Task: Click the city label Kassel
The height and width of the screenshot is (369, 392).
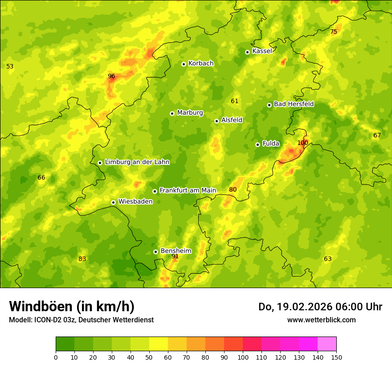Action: tap(262, 51)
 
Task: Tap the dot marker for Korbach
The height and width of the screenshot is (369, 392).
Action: tap(184, 64)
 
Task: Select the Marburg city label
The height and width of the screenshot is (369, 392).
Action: tap(190, 113)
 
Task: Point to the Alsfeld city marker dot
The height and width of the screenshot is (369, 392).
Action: tap(216, 121)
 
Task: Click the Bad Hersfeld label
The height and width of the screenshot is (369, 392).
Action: tap(294, 104)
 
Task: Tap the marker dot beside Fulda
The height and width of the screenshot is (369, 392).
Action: tap(257, 144)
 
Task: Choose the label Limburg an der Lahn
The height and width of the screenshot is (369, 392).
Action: tap(137, 162)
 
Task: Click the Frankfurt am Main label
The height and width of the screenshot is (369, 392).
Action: tap(188, 191)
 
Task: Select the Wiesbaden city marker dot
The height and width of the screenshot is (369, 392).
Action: tap(113, 202)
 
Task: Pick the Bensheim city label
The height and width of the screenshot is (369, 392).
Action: tap(176, 251)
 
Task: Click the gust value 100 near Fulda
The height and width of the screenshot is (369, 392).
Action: tap(302, 143)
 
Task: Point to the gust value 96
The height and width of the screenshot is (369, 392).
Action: tap(111, 76)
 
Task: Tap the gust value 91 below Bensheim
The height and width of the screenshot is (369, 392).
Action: tap(175, 257)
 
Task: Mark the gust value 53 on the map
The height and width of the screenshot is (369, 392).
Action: tap(10, 67)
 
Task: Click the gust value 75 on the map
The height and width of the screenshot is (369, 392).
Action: tap(334, 32)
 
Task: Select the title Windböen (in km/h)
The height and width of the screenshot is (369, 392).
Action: tap(72, 306)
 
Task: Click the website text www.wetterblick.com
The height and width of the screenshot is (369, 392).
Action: tap(321, 320)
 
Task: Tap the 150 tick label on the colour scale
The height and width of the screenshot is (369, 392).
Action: tap(336, 357)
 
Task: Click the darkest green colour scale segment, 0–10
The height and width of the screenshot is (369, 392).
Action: tap(65, 344)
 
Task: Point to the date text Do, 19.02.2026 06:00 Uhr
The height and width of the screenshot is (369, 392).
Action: tap(320, 307)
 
